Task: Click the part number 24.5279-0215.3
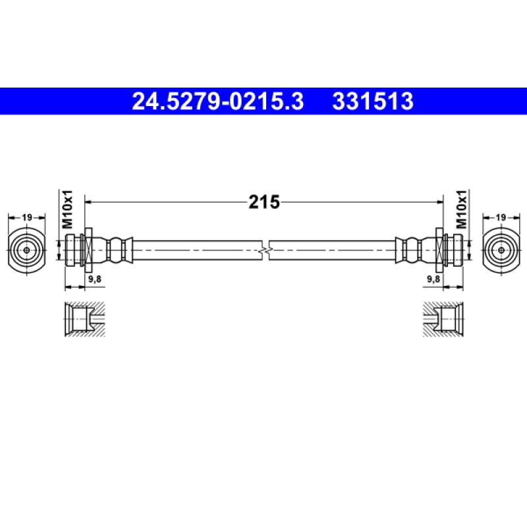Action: pos(218,101)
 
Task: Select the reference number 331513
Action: pos(373,101)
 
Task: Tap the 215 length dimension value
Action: pos(264,202)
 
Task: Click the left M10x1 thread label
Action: pos(68,209)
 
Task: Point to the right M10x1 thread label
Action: pos(461,209)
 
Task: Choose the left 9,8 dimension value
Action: pos(95,279)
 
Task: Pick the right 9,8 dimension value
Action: pos(433,279)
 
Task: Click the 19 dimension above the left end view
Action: pos(27,217)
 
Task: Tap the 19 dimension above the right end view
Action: pos(501,217)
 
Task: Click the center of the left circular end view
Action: pos(26,250)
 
